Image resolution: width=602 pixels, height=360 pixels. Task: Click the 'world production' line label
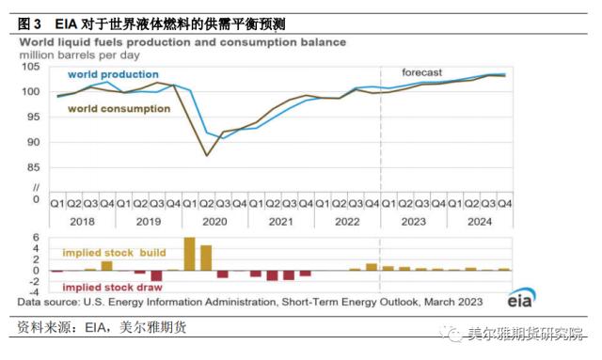click(x=119, y=74)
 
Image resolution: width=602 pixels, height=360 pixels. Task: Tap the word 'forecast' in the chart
click(x=423, y=72)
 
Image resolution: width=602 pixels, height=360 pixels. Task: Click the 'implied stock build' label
click(x=114, y=253)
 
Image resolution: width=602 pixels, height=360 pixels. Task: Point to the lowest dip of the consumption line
click(x=206, y=155)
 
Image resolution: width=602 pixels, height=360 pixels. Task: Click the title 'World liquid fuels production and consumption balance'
click(x=182, y=42)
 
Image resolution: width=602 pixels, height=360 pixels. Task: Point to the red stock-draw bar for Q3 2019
click(x=156, y=276)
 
